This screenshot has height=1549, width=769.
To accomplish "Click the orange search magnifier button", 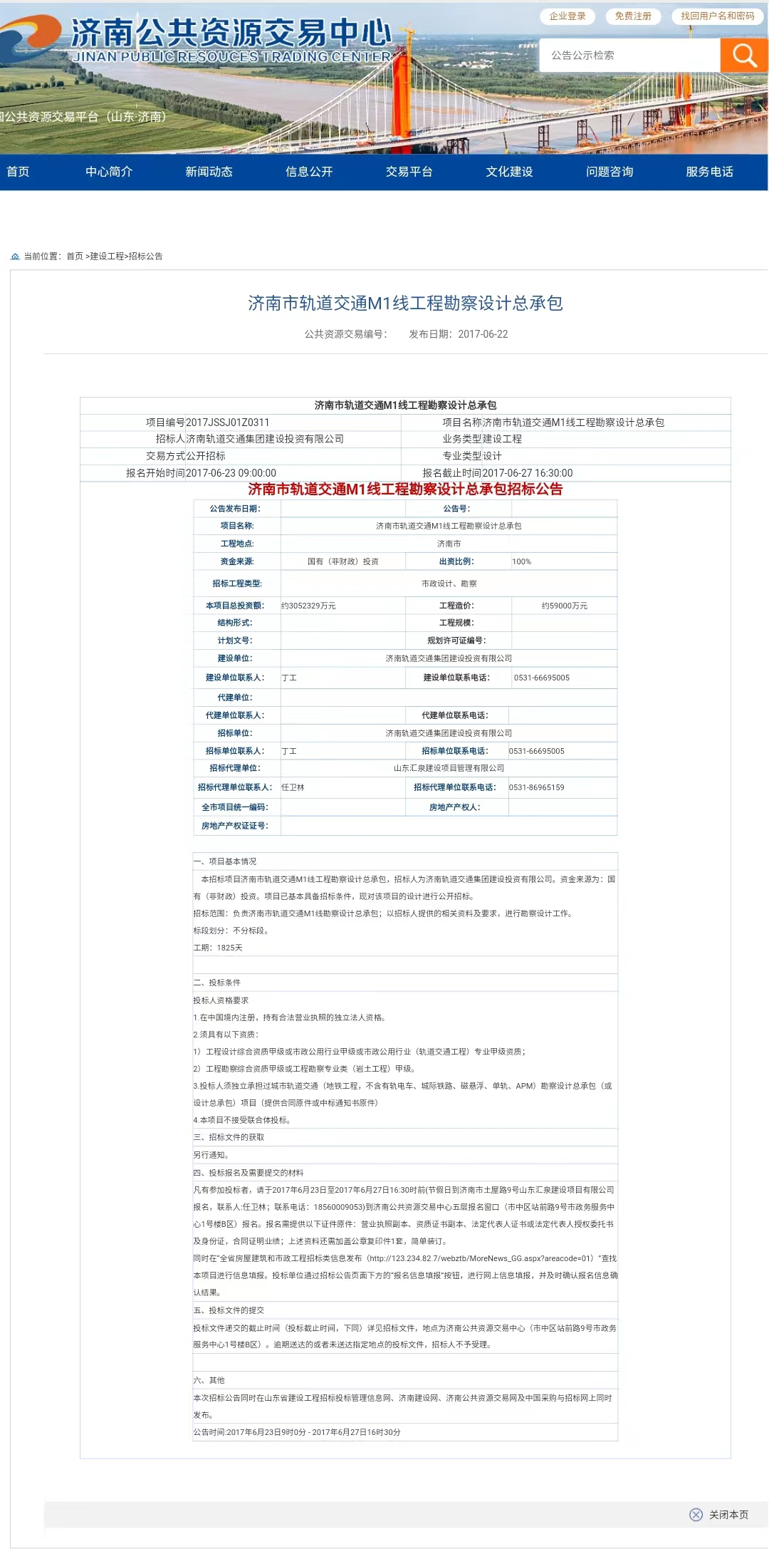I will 744,55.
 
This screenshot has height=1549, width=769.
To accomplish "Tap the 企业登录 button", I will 567,16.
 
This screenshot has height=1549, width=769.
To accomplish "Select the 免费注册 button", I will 633,16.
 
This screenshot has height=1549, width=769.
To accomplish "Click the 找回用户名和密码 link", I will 717,16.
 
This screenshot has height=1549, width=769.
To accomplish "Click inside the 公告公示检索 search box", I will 630,55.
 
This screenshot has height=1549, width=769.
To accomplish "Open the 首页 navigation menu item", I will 18,172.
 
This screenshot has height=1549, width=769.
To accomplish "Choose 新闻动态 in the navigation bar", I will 209,172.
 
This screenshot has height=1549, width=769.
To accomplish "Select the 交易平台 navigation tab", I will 409,172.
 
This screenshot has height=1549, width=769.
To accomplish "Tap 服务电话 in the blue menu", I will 709,172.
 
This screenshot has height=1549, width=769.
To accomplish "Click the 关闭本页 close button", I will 719,1514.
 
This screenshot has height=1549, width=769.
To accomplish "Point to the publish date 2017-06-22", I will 483,334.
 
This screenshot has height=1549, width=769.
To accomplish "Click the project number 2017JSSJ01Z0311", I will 228,423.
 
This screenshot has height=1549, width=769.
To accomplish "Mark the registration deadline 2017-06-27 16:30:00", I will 527,473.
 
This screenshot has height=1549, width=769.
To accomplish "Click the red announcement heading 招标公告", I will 405,489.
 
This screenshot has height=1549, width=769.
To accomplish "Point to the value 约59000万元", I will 565,606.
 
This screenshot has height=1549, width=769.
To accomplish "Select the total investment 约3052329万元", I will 308,606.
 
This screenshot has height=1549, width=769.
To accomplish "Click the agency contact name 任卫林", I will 293,787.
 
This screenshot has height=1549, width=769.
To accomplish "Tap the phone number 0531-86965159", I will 536,787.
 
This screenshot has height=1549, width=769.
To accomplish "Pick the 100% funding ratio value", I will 522,561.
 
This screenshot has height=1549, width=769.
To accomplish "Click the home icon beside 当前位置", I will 15,257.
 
